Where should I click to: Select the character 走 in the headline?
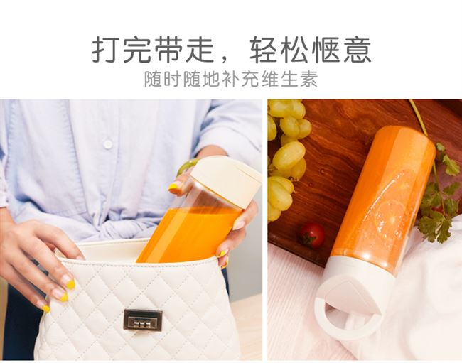point(200,49)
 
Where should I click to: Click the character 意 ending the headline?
point(357,49)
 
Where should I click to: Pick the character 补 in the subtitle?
point(231,79)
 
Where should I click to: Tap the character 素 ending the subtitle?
point(308,79)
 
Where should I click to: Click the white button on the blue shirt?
point(108,144)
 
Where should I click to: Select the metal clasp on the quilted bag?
point(143,320)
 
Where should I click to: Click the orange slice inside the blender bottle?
point(393,215)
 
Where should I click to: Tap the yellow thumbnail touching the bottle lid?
point(174,186)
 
